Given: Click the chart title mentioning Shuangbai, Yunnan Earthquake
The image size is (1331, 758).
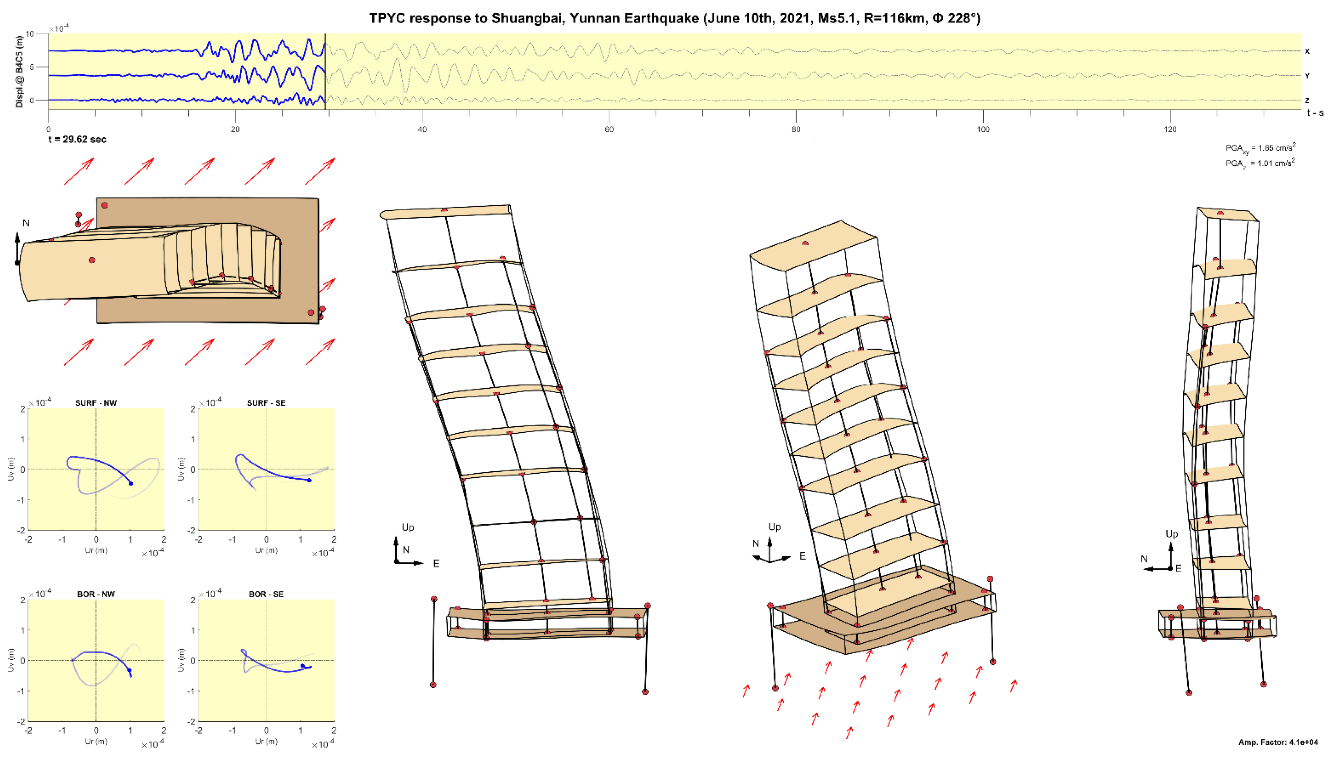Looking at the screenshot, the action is click(x=674, y=19).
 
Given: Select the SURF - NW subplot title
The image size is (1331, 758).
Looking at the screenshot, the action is click(x=96, y=403).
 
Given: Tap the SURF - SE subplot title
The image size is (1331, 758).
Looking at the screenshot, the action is click(x=266, y=403).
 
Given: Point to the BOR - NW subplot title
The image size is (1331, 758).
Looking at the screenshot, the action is click(x=96, y=594).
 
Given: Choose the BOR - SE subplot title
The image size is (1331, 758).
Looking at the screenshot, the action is click(x=266, y=594).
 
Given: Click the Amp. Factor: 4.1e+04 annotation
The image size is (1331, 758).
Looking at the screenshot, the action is click(x=1278, y=742).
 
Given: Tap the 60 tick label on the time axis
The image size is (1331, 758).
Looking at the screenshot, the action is click(x=609, y=129).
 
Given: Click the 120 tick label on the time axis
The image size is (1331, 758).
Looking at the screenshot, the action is click(x=1170, y=129).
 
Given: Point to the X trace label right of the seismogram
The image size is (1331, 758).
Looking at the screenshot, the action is click(x=1307, y=51).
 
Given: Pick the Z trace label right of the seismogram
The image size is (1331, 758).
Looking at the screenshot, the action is click(x=1307, y=100).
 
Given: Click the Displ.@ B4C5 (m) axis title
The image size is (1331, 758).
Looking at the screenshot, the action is click(x=19, y=71).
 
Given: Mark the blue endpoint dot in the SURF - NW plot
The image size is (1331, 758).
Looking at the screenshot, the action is click(x=130, y=484).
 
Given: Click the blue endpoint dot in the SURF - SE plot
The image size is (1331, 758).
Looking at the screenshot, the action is click(x=309, y=480).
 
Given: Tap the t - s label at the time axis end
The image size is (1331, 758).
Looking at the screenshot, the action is click(x=1315, y=113).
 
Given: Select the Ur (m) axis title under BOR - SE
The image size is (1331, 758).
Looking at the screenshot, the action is click(x=266, y=741).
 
